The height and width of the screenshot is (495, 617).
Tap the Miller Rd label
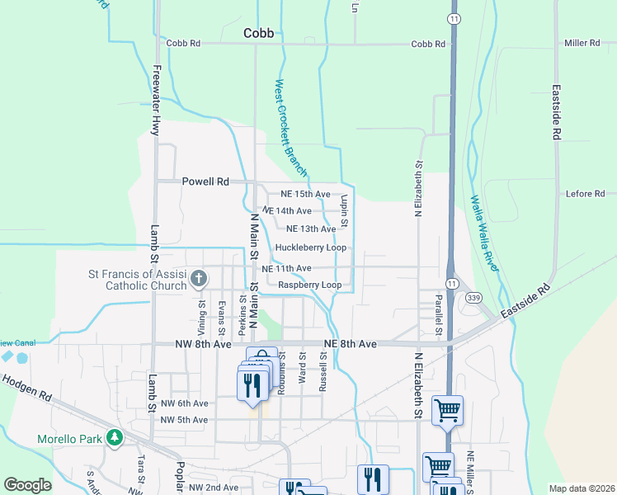coord(581,43)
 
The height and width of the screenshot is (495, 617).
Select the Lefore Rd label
coord(586,194)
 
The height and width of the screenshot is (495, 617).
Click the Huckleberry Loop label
coord(310,247)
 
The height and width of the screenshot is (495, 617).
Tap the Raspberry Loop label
coord(309,285)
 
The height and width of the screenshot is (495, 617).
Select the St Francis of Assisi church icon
coord(198,279)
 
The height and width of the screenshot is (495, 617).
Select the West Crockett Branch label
coord(291,128)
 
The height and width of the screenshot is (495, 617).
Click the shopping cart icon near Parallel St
coord(447,410)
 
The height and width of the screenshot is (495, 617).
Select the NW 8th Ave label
coord(200,343)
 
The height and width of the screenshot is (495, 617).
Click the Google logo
coord(27,485)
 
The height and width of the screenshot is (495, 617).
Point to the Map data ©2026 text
coord(582,488)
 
